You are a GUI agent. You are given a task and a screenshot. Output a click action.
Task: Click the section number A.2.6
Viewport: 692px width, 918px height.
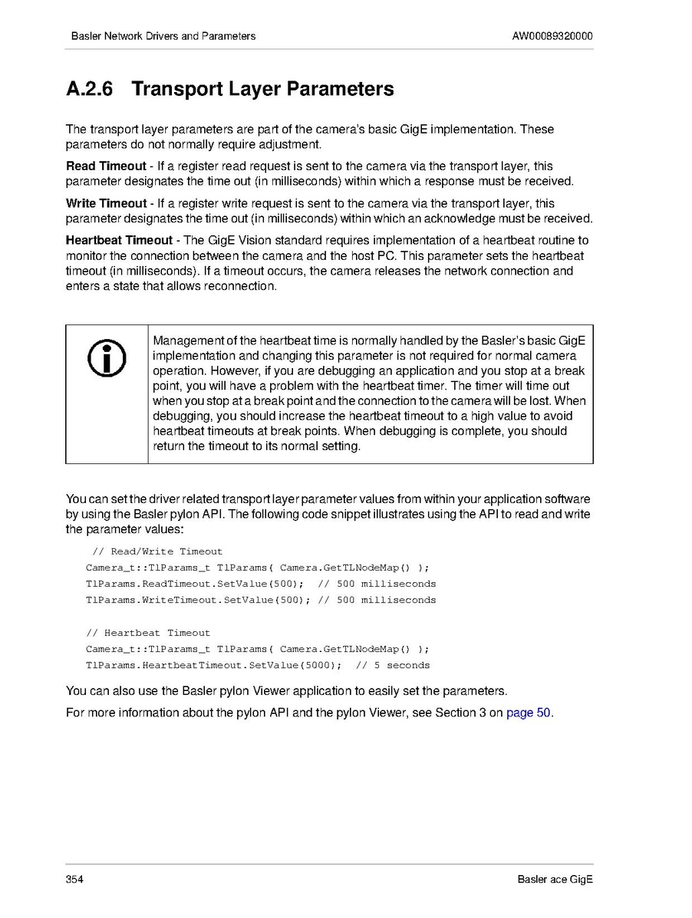(x=90, y=90)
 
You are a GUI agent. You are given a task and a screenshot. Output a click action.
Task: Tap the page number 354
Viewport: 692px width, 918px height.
(x=74, y=879)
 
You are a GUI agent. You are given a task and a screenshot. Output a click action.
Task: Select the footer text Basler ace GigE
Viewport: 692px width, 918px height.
(x=555, y=879)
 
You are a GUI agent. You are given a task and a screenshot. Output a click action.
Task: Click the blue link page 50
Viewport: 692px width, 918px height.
(x=529, y=712)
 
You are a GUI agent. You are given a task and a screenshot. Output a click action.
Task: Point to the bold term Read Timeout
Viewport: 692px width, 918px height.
(x=106, y=166)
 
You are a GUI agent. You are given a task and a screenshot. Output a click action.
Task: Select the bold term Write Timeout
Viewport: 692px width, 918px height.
(x=106, y=203)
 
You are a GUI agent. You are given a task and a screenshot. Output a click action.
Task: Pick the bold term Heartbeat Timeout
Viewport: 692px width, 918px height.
(x=119, y=241)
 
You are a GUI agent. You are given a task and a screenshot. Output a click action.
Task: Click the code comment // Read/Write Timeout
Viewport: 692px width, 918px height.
(x=157, y=551)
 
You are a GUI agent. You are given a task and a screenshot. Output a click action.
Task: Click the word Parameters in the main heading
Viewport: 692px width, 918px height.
(x=340, y=90)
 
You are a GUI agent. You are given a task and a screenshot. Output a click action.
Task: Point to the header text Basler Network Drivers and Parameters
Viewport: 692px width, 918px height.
(x=163, y=36)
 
